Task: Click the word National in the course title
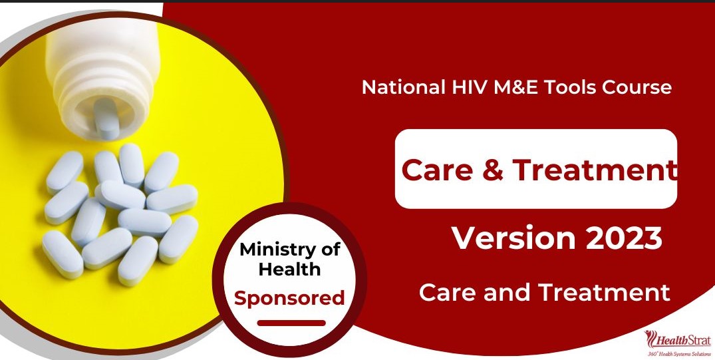[x=404, y=87]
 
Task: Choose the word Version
[x=514, y=238]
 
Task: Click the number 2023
[x=624, y=238]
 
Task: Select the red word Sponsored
[x=289, y=299]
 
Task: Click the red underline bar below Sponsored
[x=291, y=323]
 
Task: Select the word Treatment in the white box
[x=594, y=169]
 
